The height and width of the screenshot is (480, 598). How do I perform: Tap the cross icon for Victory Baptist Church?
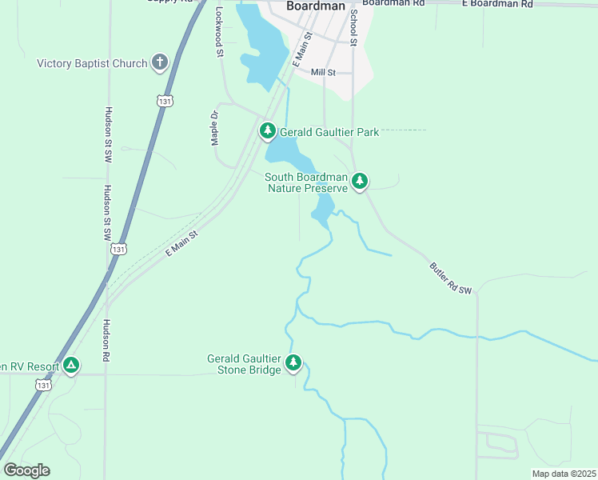[159, 62]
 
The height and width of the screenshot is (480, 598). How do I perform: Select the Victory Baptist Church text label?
[92, 64]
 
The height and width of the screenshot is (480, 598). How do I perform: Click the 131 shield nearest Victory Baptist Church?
[164, 101]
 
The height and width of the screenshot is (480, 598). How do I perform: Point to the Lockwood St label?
[219, 33]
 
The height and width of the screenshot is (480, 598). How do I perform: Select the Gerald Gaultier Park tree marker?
[267, 130]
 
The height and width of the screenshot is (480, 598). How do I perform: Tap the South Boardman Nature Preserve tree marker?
[361, 182]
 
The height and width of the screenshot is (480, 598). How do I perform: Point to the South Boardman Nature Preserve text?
[307, 182]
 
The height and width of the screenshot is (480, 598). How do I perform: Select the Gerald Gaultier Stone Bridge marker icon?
[293, 363]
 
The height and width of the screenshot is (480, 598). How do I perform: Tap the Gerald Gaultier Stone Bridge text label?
[244, 364]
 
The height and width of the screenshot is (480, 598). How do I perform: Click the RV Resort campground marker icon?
[72, 366]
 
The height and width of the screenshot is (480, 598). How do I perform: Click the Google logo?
[26, 470]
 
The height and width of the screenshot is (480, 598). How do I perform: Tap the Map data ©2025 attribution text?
[563, 474]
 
